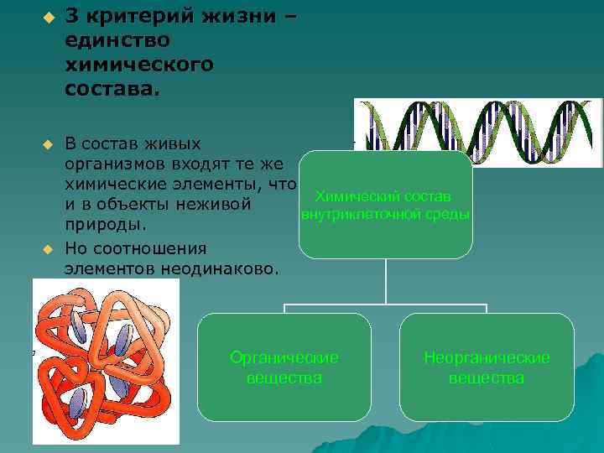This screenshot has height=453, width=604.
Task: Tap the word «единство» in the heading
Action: [x=117, y=39]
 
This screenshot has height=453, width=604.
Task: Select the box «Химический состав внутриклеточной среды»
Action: [x=386, y=205]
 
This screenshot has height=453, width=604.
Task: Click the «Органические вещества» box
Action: [x=284, y=367]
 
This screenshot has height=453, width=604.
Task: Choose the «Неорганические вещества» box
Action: [x=487, y=367]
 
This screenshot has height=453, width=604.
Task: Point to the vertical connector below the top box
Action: [x=386, y=281]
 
